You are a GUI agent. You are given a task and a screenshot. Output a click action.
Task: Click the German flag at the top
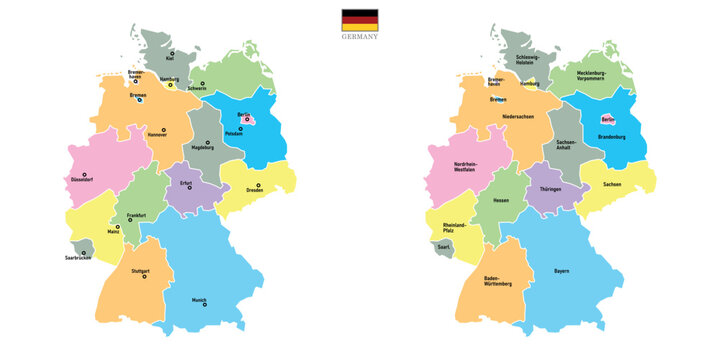pyautogui.click(x=359, y=20)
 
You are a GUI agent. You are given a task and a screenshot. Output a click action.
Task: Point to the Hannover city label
pyautogui.click(x=156, y=133)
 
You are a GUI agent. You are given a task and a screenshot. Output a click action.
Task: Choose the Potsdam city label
pyautogui.click(x=233, y=133)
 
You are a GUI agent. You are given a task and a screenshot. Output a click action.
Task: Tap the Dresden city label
pyautogui.click(x=253, y=190)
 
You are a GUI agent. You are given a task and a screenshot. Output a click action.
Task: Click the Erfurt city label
pyautogui.click(x=186, y=183)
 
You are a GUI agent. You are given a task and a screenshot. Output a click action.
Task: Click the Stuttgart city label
pyautogui.click(x=140, y=271)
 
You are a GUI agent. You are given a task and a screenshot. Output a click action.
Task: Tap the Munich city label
pyautogui.click(x=200, y=298)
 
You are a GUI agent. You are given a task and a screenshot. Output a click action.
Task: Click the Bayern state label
pyautogui.click(x=562, y=271)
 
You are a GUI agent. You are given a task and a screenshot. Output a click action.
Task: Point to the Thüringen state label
pyautogui.click(x=551, y=188)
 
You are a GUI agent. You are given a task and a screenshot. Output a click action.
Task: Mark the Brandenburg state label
pyautogui.click(x=612, y=137)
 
